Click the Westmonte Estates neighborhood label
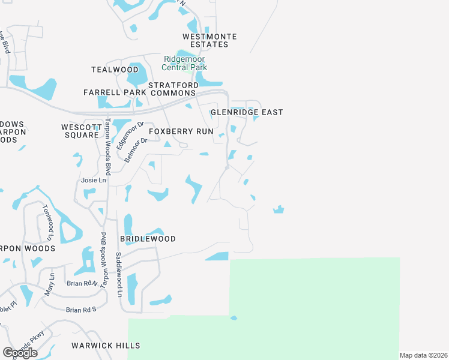pos(209,40)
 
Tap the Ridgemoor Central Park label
pos(185,63)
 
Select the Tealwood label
pos(115,70)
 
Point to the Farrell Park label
pos(115,92)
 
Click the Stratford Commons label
pos(173,89)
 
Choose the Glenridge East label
pos(247,112)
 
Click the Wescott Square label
pos(80,131)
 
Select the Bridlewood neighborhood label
pos(148,239)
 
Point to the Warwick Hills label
pos(106,346)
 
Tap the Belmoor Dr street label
pos(136,150)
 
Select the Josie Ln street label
pos(93,180)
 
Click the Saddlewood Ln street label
pos(119,275)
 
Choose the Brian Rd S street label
pos(82,310)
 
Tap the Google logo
pos(20,353)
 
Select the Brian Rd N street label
pos(82,283)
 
